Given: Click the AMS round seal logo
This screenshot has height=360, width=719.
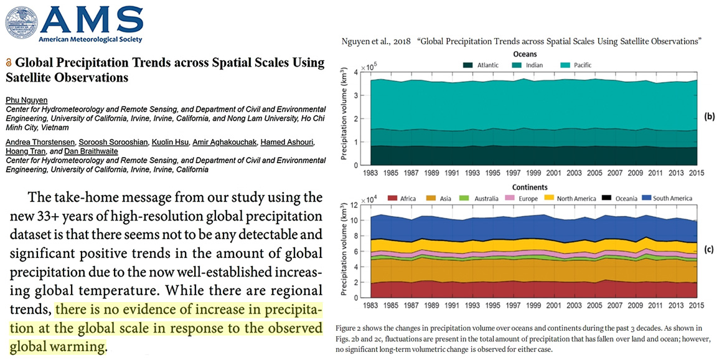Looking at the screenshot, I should [21, 22].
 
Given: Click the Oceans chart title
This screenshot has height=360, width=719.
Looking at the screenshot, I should [524, 54].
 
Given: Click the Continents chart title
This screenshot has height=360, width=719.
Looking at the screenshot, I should [524, 187].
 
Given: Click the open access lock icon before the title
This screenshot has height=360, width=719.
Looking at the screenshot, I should [8, 64].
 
